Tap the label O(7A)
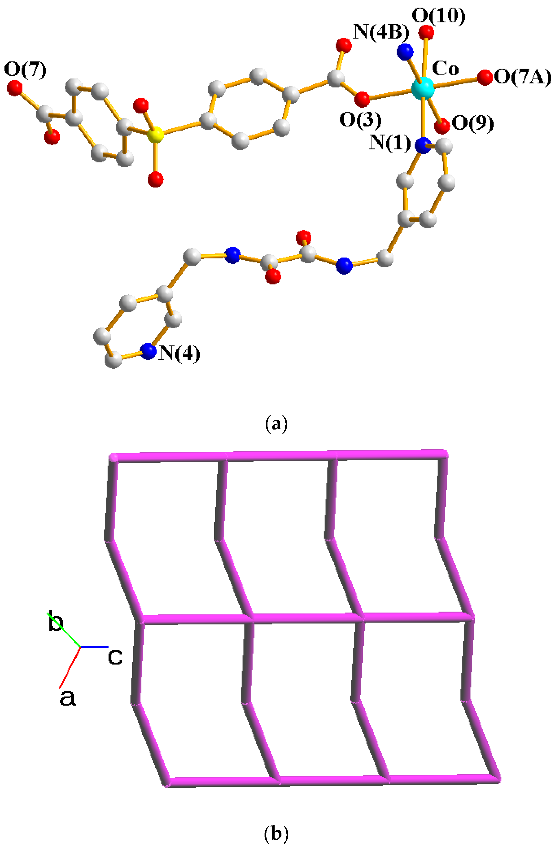pos(522,77)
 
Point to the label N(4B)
pos(381,32)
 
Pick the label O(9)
pos(472,123)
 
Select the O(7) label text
pos(25,70)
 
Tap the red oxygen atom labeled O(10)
pos(426,33)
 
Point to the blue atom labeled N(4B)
pos(405,52)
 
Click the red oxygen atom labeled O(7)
pos(15,88)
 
